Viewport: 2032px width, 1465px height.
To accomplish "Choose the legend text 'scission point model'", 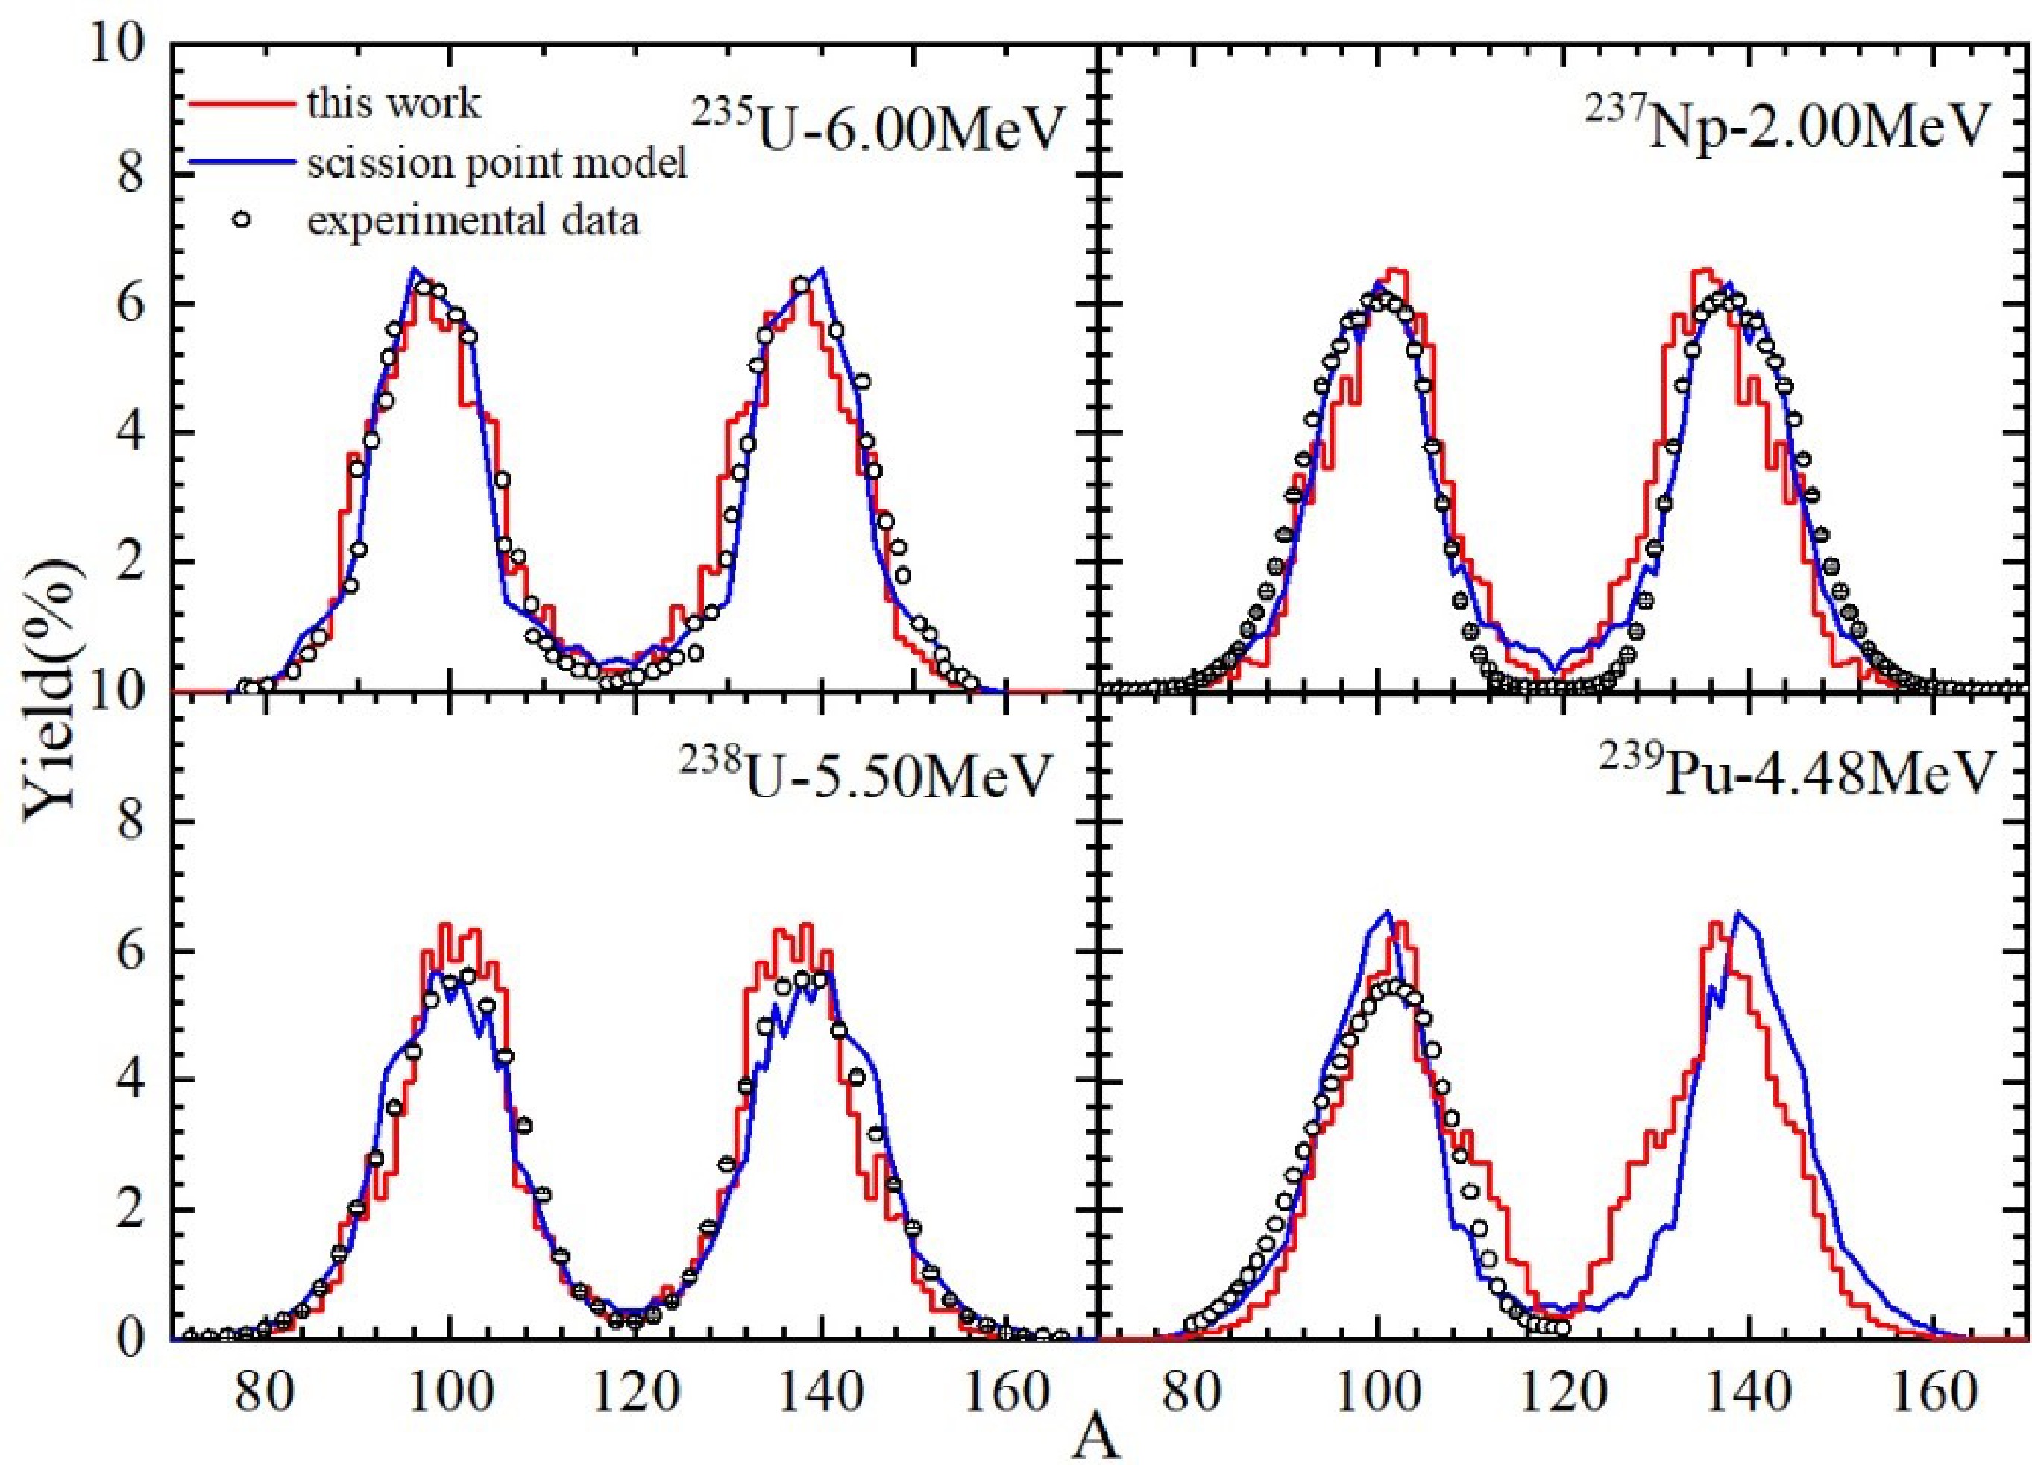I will (497, 164).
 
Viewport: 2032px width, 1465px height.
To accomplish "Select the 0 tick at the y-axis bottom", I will (135, 1339).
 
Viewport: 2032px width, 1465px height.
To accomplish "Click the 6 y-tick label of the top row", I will (135, 304).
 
